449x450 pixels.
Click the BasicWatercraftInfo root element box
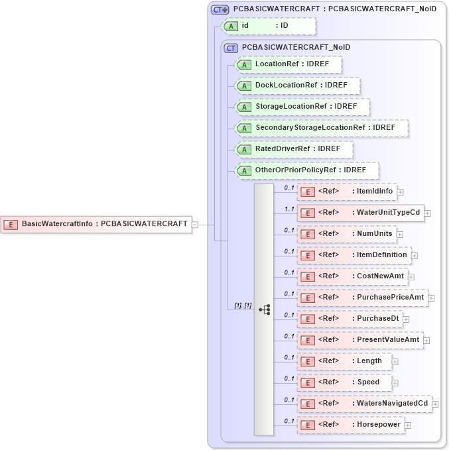pyautogui.click(x=97, y=224)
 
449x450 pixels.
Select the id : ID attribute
pyautogui.click(x=269, y=26)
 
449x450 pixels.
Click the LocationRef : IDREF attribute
pyautogui.click(x=289, y=64)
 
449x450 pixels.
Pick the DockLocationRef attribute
pyautogui.click(x=298, y=85)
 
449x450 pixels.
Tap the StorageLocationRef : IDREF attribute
pyautogui.click(x=302, y=107)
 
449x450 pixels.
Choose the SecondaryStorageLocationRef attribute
pyautogui.click(x=322, y=128)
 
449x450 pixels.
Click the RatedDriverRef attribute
pyautogui.click(x=294, y=149)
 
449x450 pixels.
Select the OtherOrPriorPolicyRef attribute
pyautogui.click(x=307, y=170)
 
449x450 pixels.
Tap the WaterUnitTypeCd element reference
pyautogui.click(x=361, y=213)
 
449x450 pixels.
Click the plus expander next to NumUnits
pyautogui.click(x=401, y=234)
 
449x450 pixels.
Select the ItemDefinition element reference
pyautogui.click(x=353, y=255)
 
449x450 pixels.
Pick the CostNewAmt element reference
pyautogui.click(x=352, y=276)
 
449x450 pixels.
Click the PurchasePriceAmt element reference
pyautogui.click(x=362, y=298)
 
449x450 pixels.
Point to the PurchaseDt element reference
pyautogui.click(x=348, y=319)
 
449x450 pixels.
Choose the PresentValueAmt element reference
pyautogui.click(x=363, y=340)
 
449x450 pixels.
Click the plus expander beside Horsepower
pyautogui.click(x=408, y=425)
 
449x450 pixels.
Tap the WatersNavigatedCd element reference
pyautogui.click(x=364, y=404)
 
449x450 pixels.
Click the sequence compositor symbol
pyautogui.click(x=264, y=309)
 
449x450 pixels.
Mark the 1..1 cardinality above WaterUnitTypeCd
pyautogui.click(x=289, y=208)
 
